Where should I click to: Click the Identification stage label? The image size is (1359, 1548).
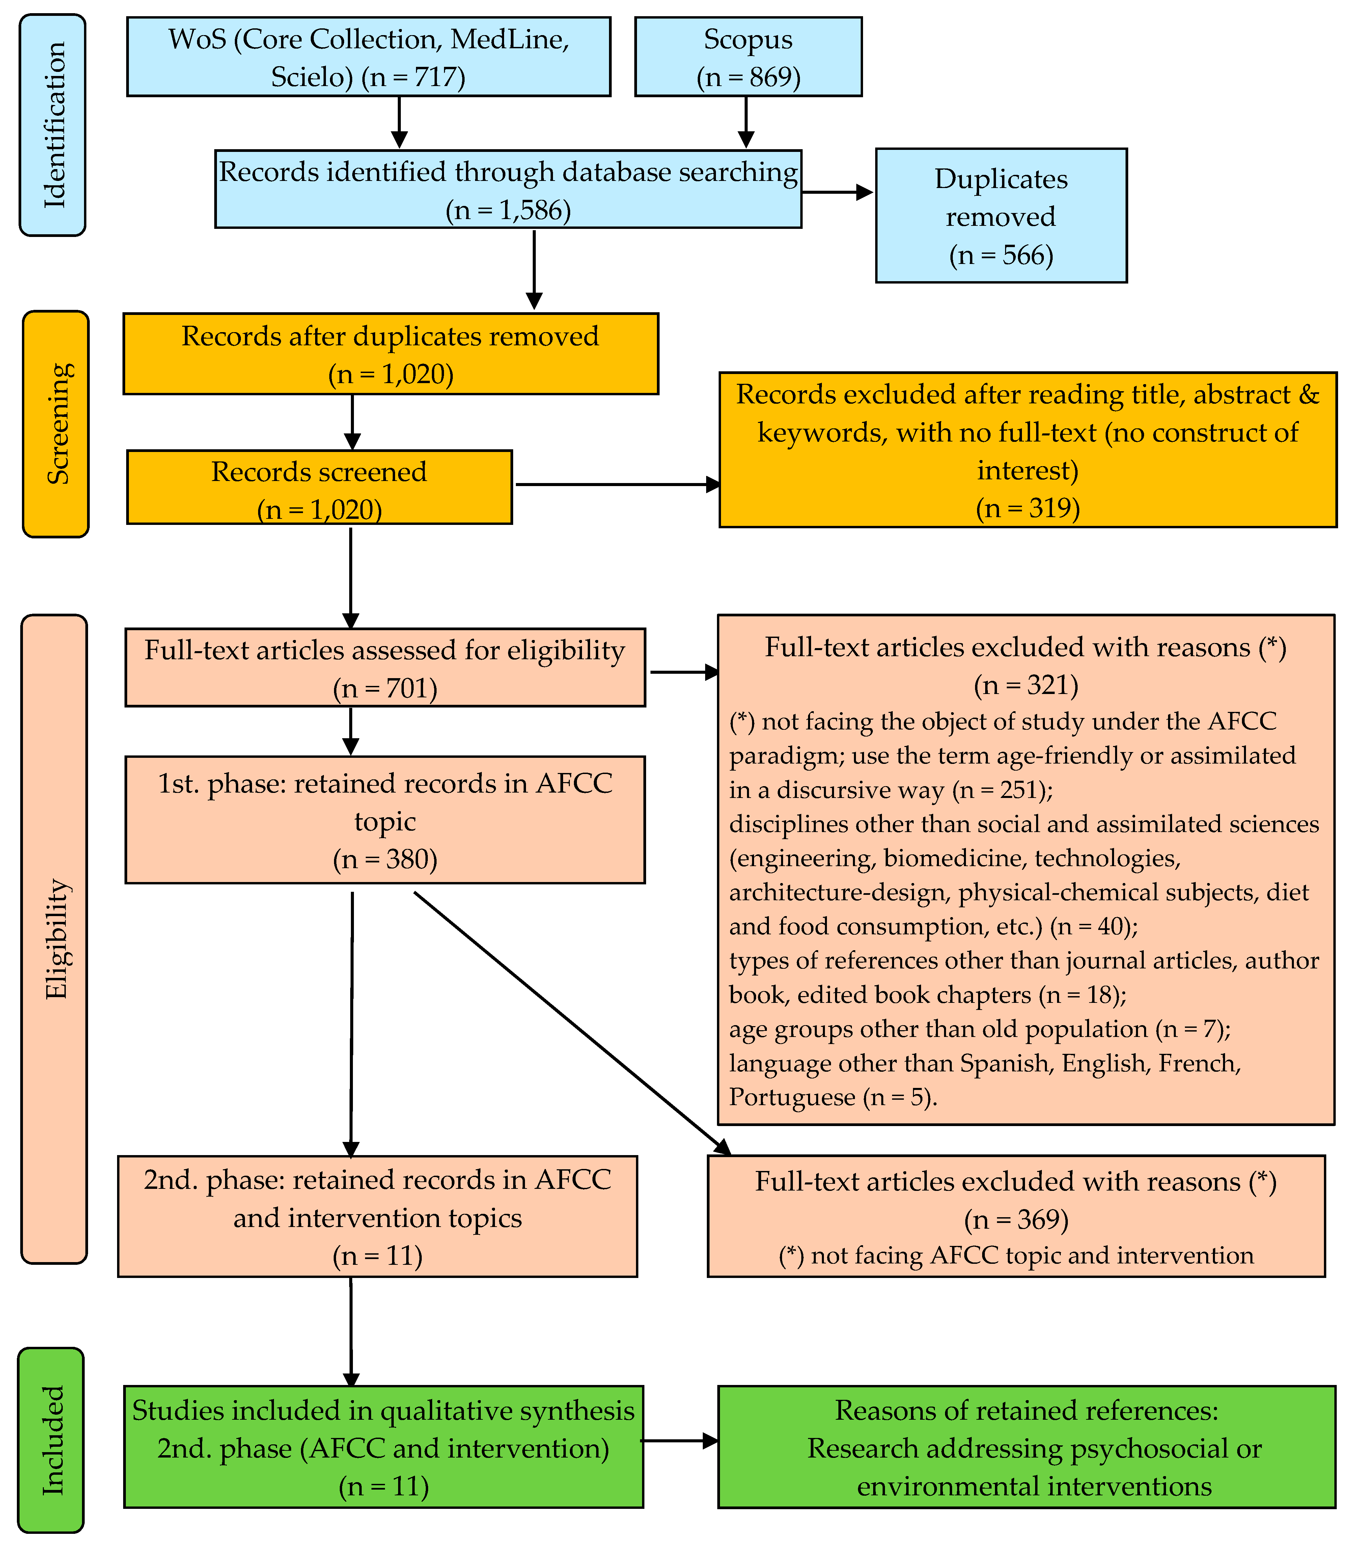point(53,125)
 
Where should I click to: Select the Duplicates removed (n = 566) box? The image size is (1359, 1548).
point(1001,216)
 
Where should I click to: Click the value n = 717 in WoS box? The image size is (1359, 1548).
point(413,77)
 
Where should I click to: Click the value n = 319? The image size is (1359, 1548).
point(1027,507)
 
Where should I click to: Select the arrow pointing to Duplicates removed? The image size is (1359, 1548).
point(837,192)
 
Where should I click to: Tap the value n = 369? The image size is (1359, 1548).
point(1016,1219)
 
